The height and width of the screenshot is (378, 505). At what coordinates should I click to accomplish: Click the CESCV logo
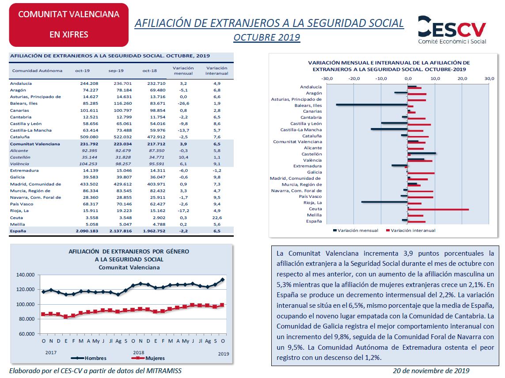coord(452,30)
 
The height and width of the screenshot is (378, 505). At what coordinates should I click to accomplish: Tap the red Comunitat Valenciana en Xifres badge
coord(68,25)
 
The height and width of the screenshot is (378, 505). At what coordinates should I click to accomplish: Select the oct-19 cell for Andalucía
coord(89,83)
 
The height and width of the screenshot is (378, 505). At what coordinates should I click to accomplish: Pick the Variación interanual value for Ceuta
coord(217,218)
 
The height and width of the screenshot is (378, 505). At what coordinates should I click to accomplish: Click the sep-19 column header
coord(116,71)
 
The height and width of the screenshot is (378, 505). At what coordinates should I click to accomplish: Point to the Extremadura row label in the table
coord(24,170)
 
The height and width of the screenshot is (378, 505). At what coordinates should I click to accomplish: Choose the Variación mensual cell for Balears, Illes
coord(183,103)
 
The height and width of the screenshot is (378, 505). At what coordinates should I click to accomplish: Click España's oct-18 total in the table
coord(154,231)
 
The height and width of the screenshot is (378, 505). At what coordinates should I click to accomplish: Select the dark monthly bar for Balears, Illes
coord(372,104)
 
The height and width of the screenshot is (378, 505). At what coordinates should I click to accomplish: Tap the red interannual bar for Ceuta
coord(438,210)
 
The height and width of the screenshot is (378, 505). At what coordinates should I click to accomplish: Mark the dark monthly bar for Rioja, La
coord(384,202)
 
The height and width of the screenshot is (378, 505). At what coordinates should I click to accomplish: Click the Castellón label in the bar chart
coord(311,154)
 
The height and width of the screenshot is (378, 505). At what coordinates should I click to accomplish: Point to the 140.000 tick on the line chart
coord(26,275)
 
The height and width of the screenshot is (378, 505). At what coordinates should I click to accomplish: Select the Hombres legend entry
coord(88,358)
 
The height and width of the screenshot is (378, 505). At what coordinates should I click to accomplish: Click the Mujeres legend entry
coord(148,358)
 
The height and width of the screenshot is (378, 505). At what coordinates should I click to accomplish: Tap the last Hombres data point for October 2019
coord(223,280)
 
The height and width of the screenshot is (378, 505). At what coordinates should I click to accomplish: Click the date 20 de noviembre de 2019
coord(431,371)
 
